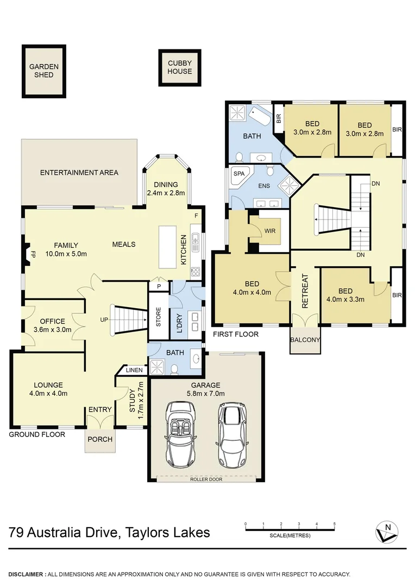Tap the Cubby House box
coord(180,67)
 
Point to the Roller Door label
coord(206,479)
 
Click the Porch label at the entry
coord(100,439)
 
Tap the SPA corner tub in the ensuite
coord(238,174)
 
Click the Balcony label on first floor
coord(305,340)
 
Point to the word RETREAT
coord(305,291)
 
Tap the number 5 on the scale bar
coord(335,524)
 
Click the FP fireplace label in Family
coord(33,254)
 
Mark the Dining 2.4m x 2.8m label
coord(166,188)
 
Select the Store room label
coord(159,317)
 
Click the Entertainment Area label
coord(79,173)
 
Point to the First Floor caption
coord(235,334)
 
